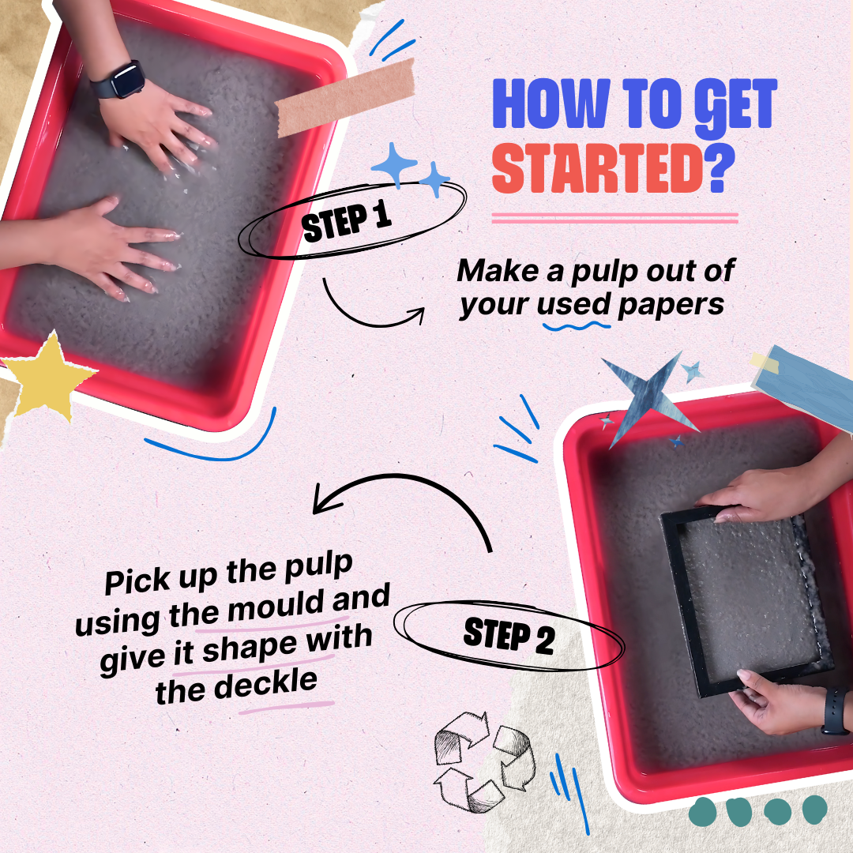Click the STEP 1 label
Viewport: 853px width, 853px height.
pyautogui.click(x=348, y=222)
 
